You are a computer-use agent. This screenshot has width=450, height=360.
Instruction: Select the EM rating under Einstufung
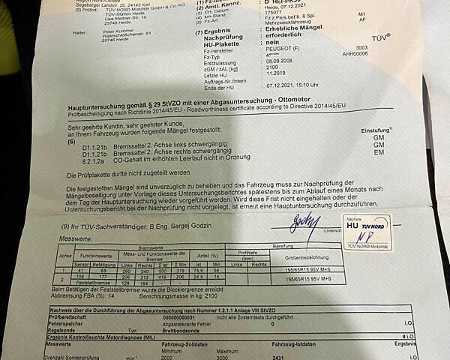[379, 152]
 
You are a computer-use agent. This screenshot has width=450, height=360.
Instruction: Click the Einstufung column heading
[376, 130]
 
